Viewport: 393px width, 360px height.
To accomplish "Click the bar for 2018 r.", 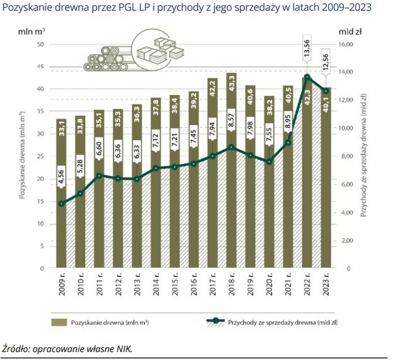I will point(231,184).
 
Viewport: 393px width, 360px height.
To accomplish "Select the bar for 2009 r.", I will point(61,202).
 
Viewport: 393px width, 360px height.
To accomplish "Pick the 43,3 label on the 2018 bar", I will point(231,85).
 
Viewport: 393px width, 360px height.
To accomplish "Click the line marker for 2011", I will point(99,175).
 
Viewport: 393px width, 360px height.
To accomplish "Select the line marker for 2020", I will point(269,162).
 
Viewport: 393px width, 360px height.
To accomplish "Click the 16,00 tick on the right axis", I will point(348,45).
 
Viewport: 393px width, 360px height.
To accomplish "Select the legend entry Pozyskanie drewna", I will point(104,321).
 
